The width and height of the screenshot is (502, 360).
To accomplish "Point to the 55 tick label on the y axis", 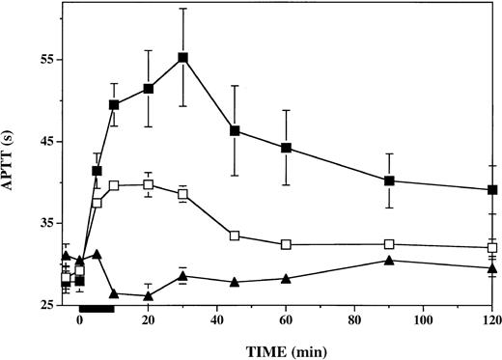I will [x=45, y=60].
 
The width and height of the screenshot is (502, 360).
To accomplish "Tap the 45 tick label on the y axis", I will [x=45, y=142].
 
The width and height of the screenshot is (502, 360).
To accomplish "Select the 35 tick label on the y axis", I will [x=45, y=224].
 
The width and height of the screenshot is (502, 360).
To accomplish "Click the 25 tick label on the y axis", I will [x=45, y=306].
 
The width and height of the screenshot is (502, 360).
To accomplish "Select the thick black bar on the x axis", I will [x=97, y=308].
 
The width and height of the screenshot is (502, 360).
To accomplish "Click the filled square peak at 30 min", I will [x=182, y=57].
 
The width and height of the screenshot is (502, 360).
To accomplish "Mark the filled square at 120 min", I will [x=492, y=190].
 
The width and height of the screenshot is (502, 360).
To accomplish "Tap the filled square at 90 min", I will [x=389, y=180].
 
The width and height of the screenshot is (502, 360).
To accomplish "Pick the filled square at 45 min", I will [x=235, y=130].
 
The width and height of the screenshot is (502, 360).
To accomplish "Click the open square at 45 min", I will [x=235, y=235].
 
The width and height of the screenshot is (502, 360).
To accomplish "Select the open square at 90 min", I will [x=389, y=244].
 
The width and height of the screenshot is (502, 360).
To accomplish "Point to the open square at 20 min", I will [x=148, y=184].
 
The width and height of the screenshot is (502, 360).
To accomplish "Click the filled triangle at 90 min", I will [x=389, y=260].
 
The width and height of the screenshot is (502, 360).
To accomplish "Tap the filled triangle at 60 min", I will [x=286, y=278].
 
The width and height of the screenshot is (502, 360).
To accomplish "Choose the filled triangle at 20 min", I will [x=148, y=295].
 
